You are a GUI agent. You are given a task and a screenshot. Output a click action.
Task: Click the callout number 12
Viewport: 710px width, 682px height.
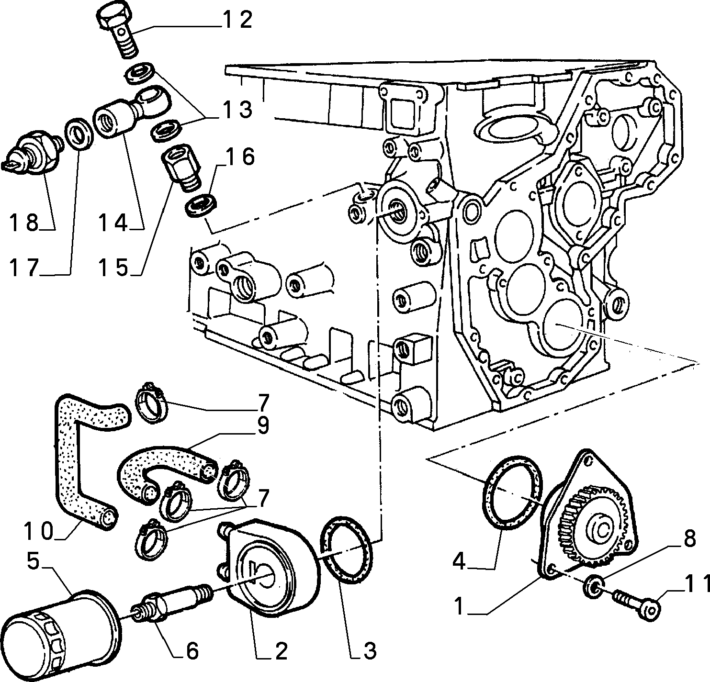pyautogui.click(x=237, y=20)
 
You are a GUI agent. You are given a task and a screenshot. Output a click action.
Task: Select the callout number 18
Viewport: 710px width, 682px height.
pyautogui.click(x=24, y=223)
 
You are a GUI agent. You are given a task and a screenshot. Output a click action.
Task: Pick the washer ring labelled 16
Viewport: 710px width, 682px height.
pyautogui.click(x=201, y=206)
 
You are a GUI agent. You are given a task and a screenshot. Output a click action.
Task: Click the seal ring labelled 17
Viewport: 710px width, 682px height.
pyautogui.click(x=79, y=133)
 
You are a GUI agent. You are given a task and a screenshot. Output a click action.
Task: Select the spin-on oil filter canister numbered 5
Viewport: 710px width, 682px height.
pyautogui.click(x=60, y=635)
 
